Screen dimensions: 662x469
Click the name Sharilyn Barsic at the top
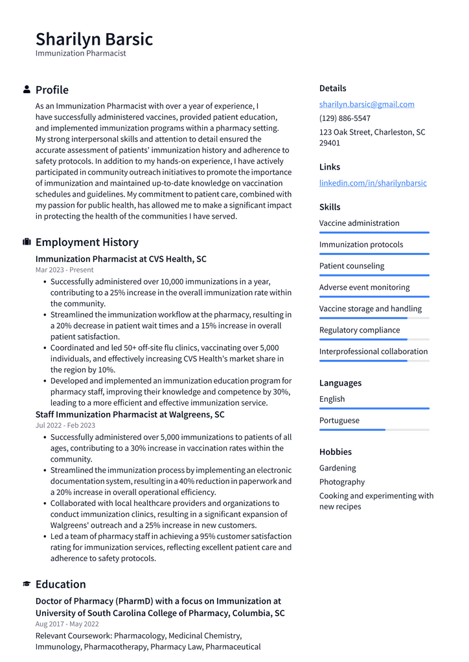[94, 39]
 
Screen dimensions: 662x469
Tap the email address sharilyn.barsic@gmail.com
[367, 104]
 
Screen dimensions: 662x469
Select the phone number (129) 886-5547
[345, 118]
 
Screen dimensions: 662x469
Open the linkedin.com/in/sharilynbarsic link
[372, 183]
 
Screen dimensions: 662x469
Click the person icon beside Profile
[27, 89]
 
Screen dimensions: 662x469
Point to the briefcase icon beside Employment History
[27, 242]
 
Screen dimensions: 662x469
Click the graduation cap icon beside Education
[27, 584]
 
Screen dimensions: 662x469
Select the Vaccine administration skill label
[359, 223]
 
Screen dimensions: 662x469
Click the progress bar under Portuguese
[374, 430]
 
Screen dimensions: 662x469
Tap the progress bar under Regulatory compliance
[374, 339]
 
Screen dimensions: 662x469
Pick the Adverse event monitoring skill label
[364, 287]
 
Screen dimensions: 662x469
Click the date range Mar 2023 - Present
[64, 270]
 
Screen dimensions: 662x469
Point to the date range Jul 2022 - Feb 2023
[65, 425]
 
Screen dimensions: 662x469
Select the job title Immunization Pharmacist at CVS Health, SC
[120, 259]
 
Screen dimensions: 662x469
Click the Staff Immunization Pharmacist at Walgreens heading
[130, 414]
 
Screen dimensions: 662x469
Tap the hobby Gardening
[337, 468]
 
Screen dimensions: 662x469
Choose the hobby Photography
[341, 482]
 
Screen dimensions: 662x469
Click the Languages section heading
[340, 383]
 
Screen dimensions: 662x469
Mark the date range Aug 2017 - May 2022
[67, 624]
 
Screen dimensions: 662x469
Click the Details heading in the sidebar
[332, 88]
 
